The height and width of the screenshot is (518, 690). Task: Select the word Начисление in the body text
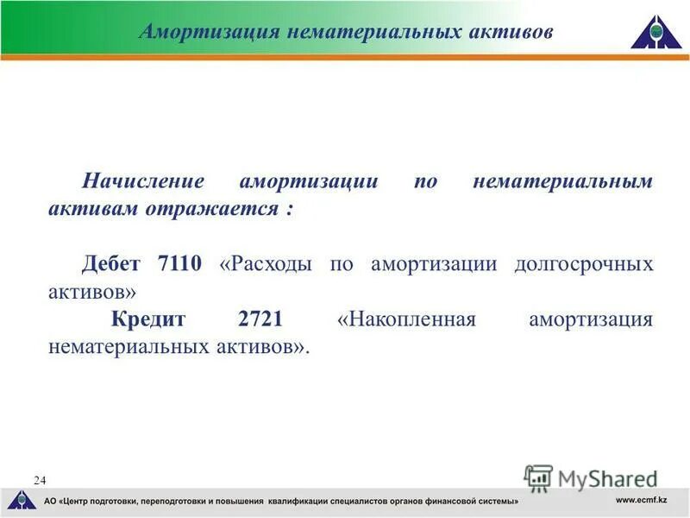143,182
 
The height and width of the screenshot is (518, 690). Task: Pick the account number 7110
179,264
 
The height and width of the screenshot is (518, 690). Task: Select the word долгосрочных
583,264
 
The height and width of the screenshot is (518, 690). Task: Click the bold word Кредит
148,319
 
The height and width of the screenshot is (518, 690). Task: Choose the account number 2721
260,319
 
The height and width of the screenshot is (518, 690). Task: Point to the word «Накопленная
406,319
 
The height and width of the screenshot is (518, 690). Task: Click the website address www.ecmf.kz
642,501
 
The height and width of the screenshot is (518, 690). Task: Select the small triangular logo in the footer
22,500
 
